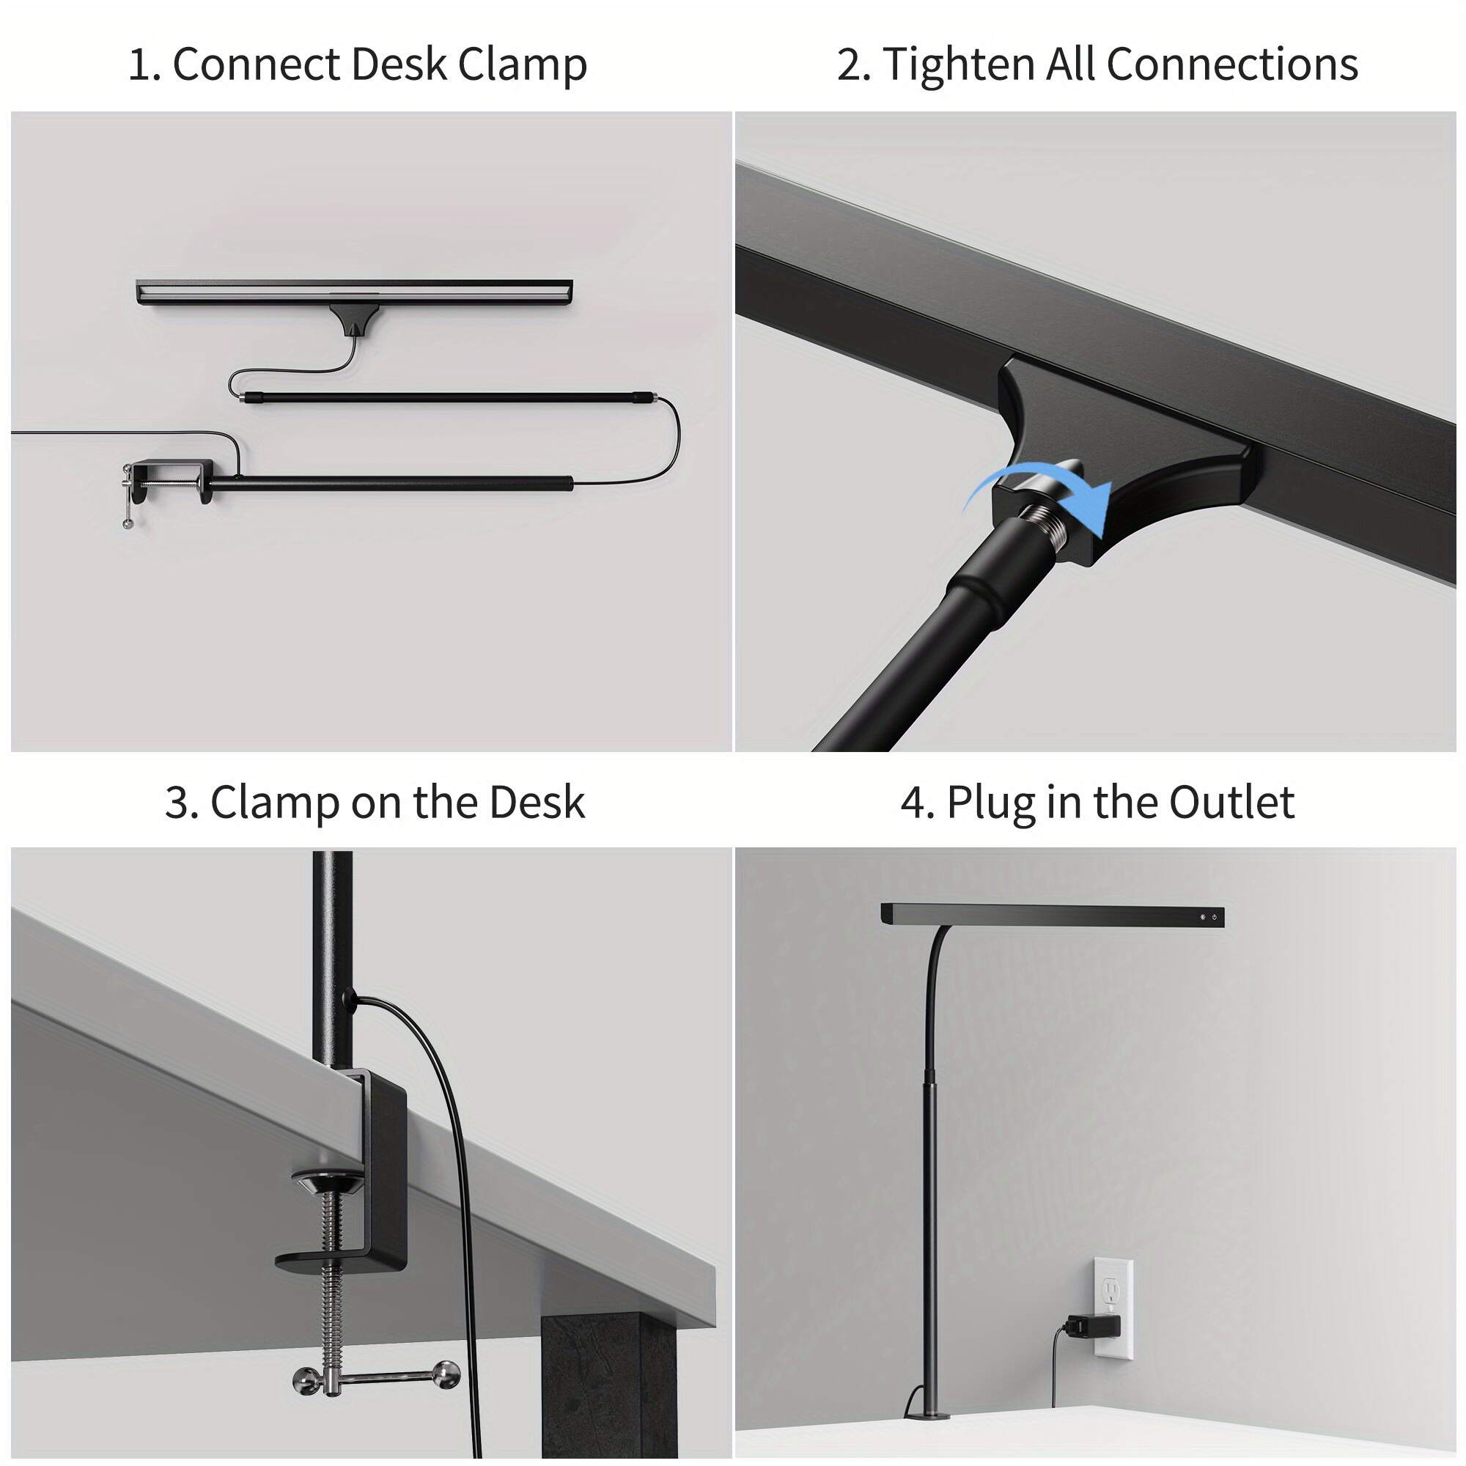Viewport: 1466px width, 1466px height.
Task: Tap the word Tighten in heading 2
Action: point(958,65)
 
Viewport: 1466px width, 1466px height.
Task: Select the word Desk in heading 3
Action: point(537,803)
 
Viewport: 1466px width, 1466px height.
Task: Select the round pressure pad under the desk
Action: point(328,1182)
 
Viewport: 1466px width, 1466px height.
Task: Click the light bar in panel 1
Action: point(354,292)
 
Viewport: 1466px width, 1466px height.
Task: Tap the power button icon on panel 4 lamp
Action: point(1215,918)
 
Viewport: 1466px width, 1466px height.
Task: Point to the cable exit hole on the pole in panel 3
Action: point(349,997)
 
